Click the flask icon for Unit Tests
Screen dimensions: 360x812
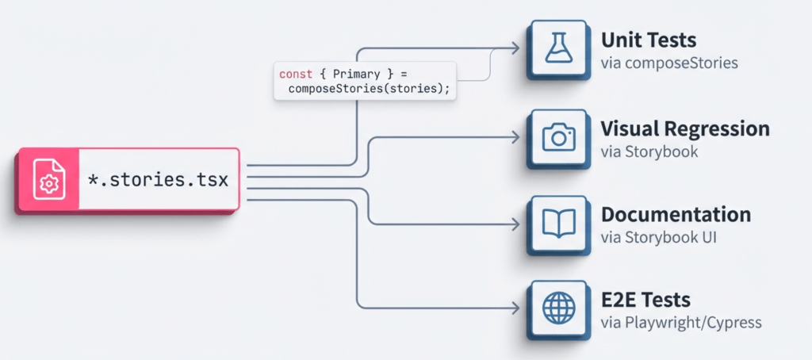tap(558, 49)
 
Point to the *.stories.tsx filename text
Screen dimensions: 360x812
tap(158, 180)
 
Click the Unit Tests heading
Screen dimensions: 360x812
tap(648, 40)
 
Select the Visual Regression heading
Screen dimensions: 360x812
tap(685, 128)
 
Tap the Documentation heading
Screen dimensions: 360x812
tap(676, 214)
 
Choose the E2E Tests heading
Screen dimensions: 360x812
tap(645, 300)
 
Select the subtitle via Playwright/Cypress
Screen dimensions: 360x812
tap(680, 322)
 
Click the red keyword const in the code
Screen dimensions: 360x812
tap(295, 74)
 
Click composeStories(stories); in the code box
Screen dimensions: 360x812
tap(369, 88)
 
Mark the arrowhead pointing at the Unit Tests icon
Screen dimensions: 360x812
tap(516, 49)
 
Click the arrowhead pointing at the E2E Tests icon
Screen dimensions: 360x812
tap(516, 308)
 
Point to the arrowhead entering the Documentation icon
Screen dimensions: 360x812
tap(516, 223)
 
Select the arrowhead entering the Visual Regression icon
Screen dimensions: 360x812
tap(516, 136)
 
